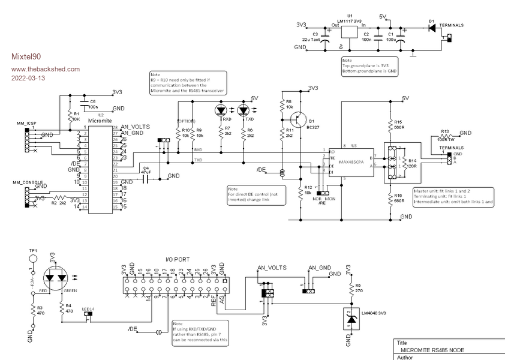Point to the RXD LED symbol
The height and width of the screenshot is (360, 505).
[220, 110]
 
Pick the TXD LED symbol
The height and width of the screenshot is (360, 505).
[243, 110]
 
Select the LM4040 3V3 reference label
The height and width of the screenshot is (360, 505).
[373, 312]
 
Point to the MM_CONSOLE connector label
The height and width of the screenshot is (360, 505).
[28, 181]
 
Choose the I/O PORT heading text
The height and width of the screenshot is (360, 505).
[178, 259]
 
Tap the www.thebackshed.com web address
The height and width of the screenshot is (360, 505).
[46, 68]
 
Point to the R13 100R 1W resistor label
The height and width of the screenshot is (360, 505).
[446, 134]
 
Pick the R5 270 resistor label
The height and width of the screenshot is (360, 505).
[359, 288]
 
